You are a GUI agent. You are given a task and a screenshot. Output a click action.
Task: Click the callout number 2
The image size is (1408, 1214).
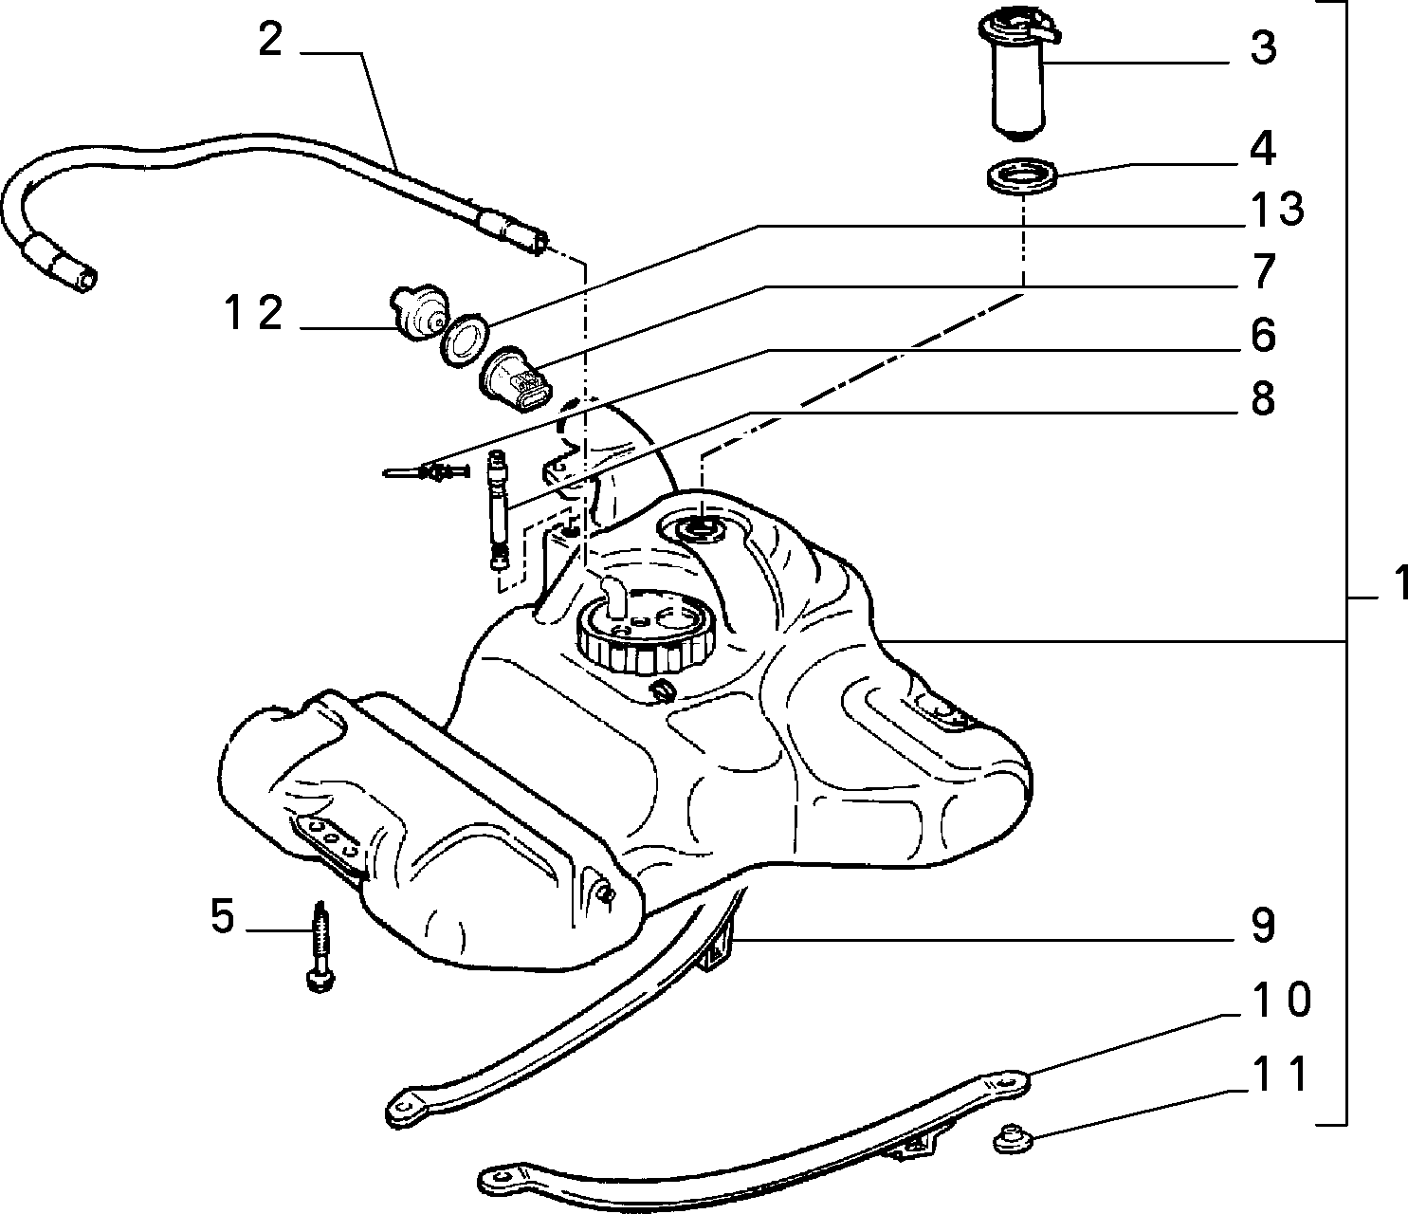[x=270, y=41]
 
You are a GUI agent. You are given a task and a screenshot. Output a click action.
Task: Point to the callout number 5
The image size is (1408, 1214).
[x=223, y=916]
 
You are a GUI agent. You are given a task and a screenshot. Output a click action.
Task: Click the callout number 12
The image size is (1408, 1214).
[x=253, y=313]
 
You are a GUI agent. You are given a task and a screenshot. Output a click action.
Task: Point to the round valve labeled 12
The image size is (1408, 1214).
[x=418, y=311]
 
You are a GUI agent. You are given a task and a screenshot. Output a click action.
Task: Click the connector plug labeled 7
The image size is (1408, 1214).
[x=518, y=379]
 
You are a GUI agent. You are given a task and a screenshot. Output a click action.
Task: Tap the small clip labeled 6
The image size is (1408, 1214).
[x=427, y=470]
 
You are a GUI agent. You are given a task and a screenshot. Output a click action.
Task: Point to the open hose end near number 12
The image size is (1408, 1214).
[x=85, y=280]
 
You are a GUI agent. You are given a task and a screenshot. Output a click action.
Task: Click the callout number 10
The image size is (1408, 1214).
[x=1279, y=1000]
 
